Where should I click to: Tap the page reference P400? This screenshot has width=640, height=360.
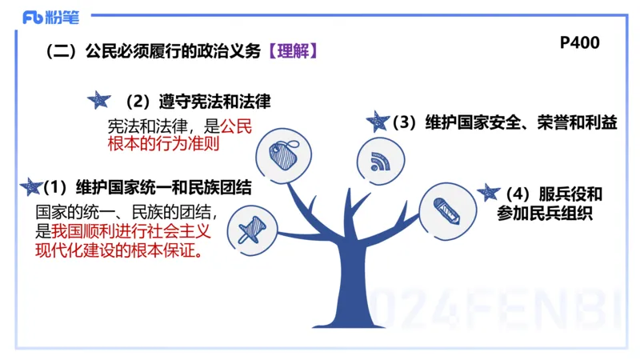pos(579,43)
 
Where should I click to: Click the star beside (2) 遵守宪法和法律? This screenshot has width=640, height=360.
pos(98,99)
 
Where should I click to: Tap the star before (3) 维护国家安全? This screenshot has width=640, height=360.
pos(377,121)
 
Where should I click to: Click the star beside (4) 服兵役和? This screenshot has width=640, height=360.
pos(487,192)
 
